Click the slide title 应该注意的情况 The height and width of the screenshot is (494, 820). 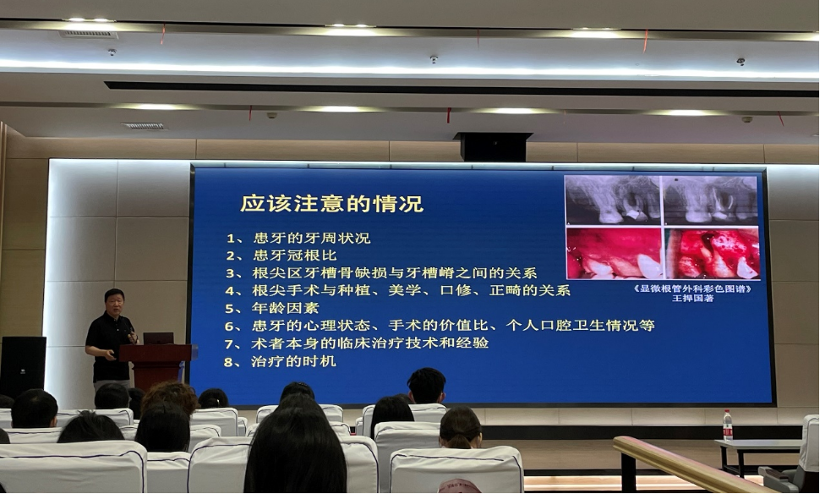331,204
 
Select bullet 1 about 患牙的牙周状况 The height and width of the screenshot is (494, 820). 298,238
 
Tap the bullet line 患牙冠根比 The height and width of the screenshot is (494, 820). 282,255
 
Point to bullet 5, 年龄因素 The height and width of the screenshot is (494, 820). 272,308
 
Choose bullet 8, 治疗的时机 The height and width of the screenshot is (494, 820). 280,361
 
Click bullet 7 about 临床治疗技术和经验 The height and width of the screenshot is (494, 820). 357,343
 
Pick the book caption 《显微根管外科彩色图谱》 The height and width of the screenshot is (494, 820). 692,288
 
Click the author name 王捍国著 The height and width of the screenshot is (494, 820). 692,299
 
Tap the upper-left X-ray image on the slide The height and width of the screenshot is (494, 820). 613,200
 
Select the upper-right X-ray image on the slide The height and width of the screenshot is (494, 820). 710,200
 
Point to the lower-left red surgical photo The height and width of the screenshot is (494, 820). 614,253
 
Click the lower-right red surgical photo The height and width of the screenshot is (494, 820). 712,253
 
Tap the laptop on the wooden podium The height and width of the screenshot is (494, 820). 158,338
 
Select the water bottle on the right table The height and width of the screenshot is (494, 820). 728,425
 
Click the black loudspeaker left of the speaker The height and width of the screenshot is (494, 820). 23,367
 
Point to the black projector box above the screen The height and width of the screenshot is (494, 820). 493,146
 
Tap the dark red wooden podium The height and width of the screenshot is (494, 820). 156,365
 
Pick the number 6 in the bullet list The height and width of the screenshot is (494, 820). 229,327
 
